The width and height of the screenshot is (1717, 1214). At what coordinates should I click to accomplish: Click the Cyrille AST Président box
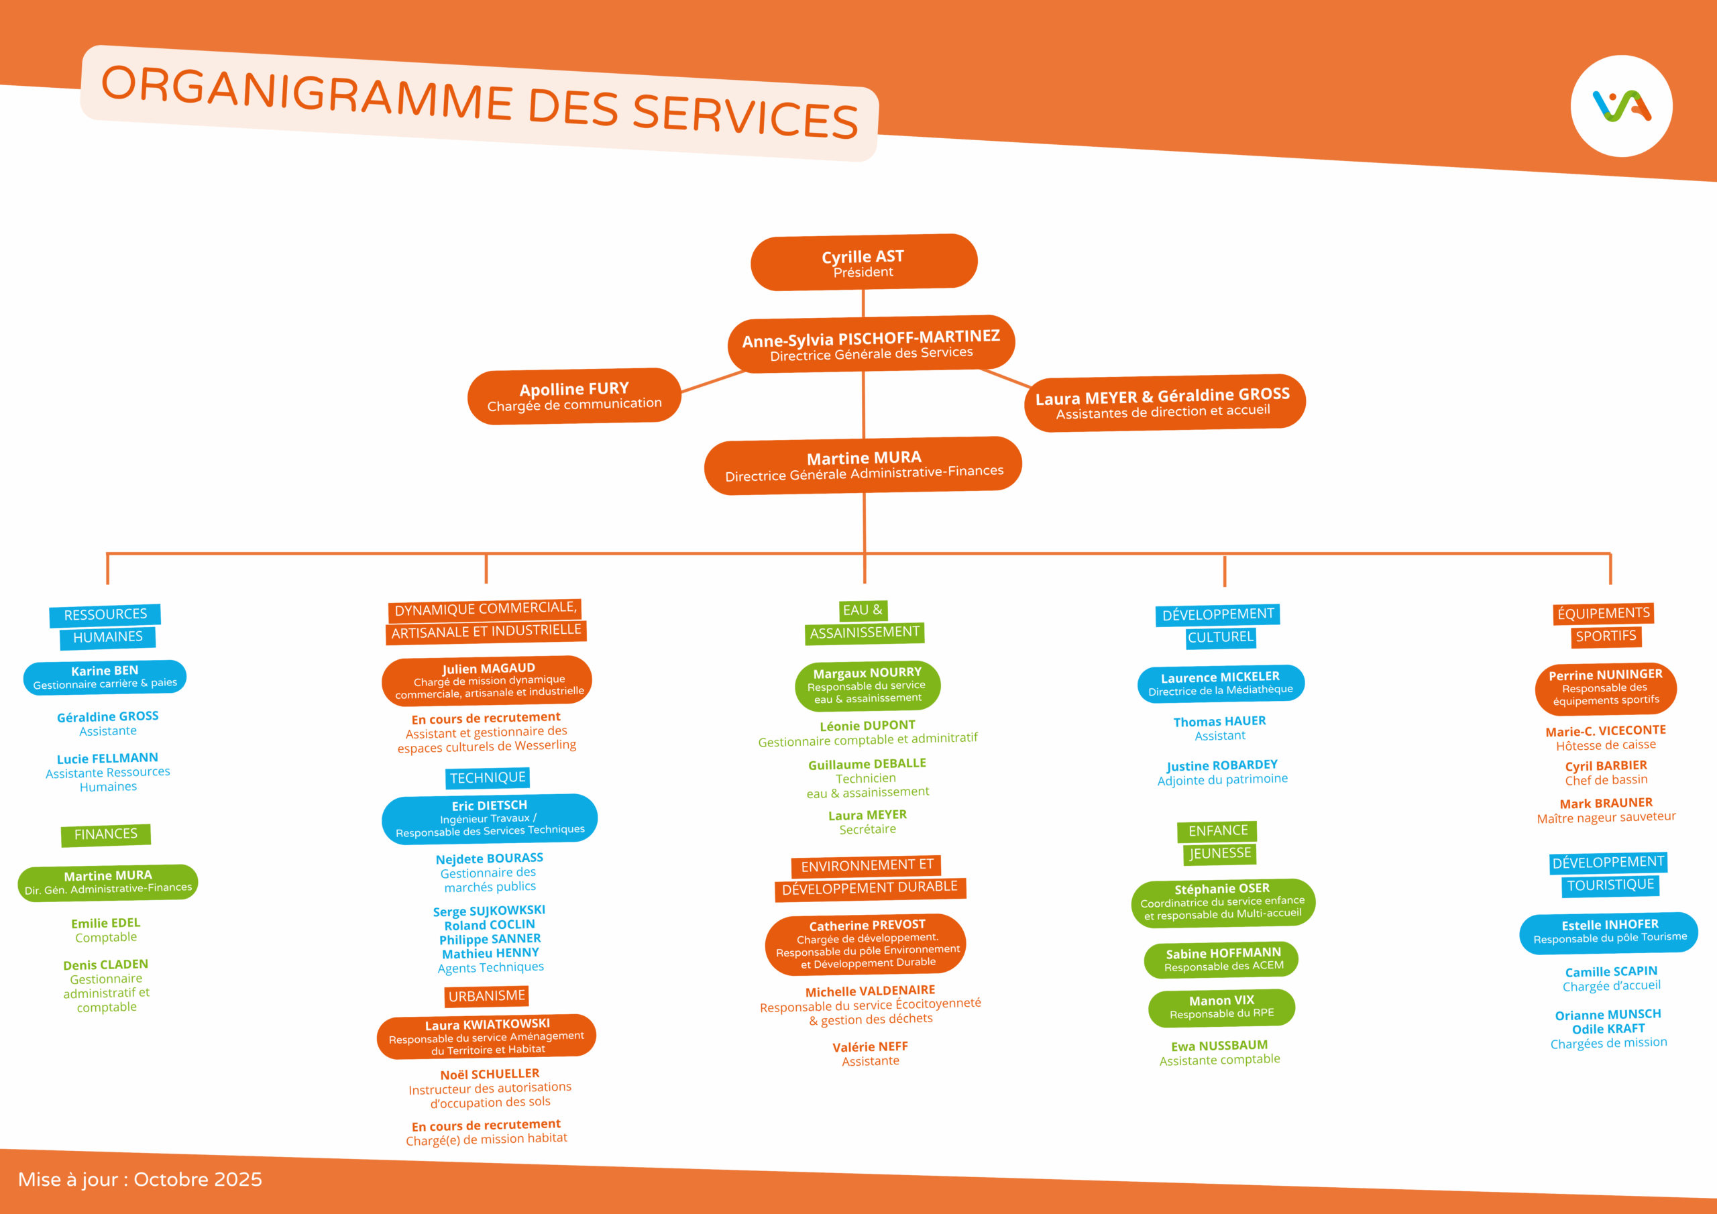864,262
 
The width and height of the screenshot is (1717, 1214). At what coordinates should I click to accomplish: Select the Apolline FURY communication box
574,396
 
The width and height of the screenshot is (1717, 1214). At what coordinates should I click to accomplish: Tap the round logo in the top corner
1620,106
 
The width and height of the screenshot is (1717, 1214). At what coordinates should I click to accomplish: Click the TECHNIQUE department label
488,778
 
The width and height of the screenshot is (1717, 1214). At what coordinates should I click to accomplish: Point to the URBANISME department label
487,995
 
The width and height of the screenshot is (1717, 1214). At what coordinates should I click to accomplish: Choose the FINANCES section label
105,834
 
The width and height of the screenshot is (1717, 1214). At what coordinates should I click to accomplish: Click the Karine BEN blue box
105,677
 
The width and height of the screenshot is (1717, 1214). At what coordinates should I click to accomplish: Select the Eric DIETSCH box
490,818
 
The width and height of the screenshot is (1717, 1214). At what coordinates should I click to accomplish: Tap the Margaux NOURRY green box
867,685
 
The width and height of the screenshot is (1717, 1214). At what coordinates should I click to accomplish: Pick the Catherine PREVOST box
866,944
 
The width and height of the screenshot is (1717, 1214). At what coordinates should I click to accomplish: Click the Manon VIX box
1221,1007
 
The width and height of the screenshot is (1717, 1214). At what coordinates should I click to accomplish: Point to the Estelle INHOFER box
1609,932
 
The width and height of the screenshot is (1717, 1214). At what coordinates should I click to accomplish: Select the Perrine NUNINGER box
1606,688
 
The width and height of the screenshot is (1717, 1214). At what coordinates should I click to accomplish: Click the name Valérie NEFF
870,1047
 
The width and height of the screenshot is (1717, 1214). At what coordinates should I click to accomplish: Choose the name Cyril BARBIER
1606,766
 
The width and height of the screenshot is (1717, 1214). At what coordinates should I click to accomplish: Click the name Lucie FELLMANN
108,759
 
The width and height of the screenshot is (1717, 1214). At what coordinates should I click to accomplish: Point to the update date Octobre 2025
197,1180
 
